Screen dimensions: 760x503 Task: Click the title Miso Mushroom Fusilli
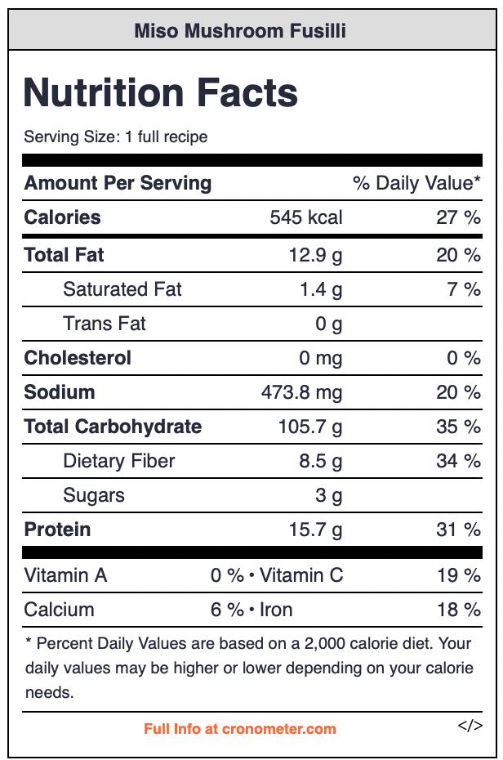240,31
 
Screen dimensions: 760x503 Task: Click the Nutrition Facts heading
161,92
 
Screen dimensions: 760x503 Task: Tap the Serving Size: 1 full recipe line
116,136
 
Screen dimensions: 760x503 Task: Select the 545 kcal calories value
306,217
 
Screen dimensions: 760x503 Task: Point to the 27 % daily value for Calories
458,217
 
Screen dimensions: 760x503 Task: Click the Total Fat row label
65,255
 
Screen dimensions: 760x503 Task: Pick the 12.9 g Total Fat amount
315,255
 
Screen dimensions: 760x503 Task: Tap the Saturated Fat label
122,289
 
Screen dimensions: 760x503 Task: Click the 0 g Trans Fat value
329,324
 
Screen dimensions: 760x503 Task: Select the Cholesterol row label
78,358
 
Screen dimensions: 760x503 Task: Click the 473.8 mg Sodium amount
302,392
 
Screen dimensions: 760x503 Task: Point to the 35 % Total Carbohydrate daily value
458,427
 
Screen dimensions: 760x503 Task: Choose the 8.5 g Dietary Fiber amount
320,461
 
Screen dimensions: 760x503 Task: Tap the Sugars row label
94,495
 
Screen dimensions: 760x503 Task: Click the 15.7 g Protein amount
315,530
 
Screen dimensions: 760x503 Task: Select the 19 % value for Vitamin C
458,575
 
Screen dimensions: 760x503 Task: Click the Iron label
276,610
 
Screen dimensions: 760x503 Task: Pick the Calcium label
60,610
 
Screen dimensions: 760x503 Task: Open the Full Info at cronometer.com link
240,728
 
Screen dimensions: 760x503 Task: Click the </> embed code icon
470,725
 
